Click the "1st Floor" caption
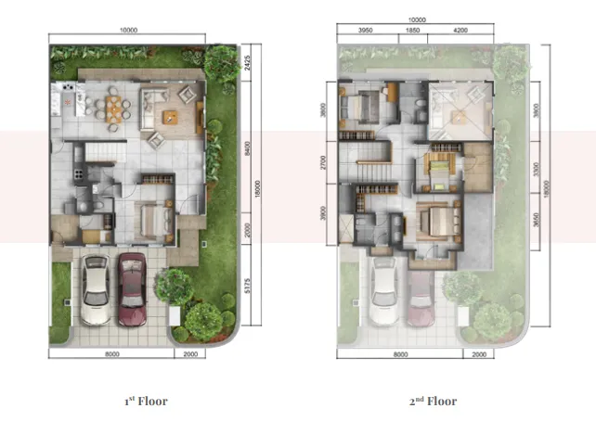[x=145, y=402]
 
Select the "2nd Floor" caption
[x=434, y=402]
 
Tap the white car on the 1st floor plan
[x=95, y=288]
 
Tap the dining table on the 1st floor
[x=115, y=103]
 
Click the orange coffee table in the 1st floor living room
[x=171, y=116]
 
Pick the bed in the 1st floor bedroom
[x=150, y=220]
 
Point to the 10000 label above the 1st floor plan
[x=129, y=30]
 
